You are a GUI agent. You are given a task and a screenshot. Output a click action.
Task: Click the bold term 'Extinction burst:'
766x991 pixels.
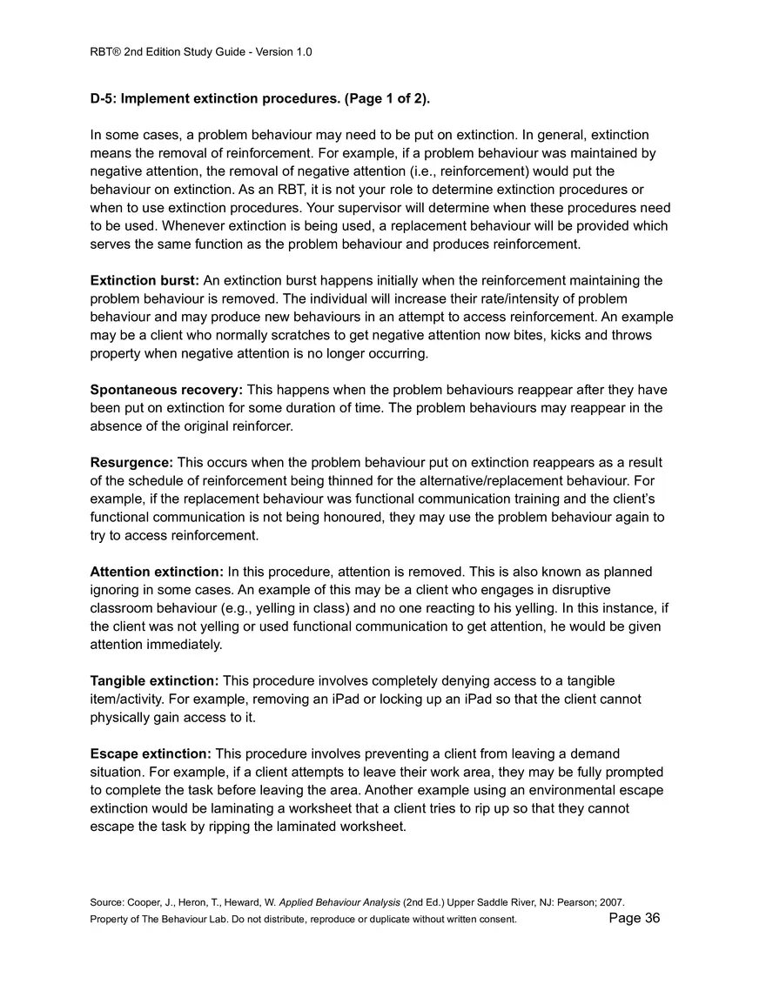pos(144,280)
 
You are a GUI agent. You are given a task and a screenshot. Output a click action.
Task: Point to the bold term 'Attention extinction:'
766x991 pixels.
pos(157,572)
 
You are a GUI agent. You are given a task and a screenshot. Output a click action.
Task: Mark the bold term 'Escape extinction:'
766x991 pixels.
pos(151,753)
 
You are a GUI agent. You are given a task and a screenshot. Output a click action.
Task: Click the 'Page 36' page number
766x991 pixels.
pos(635,918)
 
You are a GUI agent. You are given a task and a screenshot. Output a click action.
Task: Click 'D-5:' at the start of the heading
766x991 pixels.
pos(104,98)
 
